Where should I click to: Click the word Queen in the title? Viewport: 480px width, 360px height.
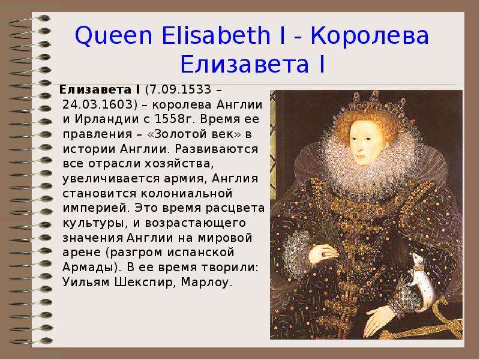tap(113, 36)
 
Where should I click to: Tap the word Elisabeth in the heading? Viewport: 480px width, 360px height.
tap(216, 35)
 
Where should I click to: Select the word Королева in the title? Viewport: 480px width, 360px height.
tap(370, 36)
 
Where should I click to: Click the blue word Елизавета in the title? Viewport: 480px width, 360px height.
tap(244, 64)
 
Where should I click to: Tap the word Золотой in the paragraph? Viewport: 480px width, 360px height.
tap(182, 134)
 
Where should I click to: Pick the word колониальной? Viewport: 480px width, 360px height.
tap(187, 193)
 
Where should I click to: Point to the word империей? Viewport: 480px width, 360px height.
tap(95, 208)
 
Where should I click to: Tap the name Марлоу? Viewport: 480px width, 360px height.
tap(205, 283)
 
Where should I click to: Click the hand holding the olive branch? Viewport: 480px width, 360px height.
tap(322, 253)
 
